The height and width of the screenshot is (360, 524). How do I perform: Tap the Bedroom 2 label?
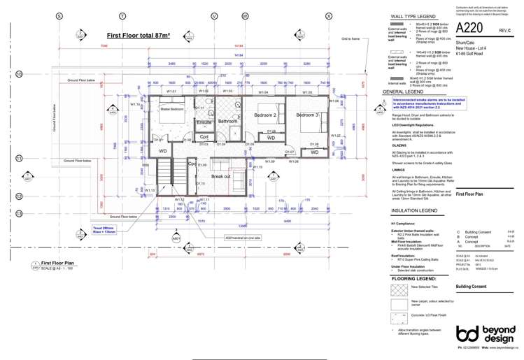coord(265,115)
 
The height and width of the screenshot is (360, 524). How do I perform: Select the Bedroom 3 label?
coord(307,115)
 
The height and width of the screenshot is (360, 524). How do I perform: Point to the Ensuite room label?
coord(204,122)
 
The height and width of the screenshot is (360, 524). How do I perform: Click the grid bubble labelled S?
coord(59,15)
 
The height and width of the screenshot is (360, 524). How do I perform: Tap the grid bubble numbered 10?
coord(20,75)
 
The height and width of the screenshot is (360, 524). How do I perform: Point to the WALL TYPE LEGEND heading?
coord(413,15)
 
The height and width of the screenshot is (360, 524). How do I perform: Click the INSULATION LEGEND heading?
coord(414,209)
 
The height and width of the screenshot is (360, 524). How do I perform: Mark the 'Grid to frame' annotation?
coord(350,40)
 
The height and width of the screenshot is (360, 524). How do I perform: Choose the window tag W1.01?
coord(171,92)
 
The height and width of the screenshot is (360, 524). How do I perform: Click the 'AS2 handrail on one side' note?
coord(243,238)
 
